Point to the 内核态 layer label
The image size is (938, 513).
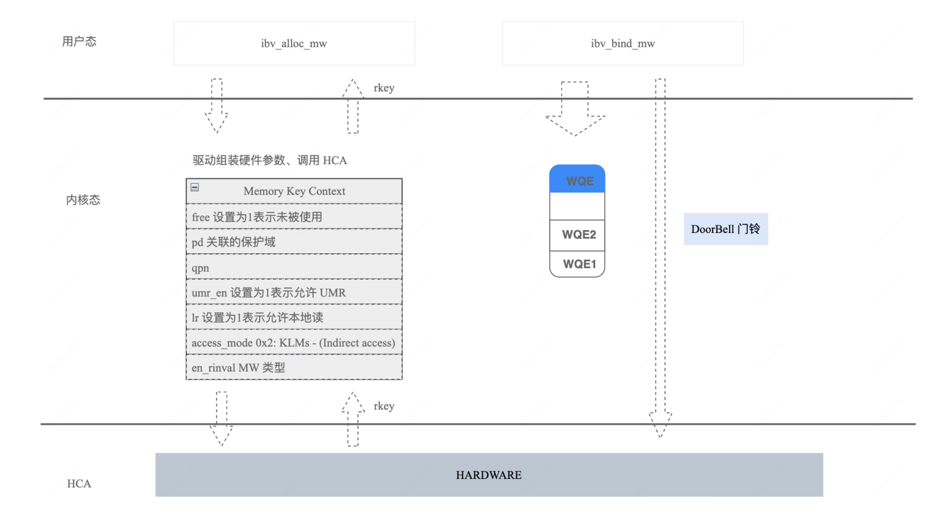[83, 200]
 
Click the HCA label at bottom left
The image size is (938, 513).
[79, 483]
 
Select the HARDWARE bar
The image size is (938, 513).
[489, 475]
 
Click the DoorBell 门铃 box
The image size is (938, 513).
[725, 229]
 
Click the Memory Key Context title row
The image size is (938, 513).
[294, 191]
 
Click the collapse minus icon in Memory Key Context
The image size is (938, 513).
[195, 187]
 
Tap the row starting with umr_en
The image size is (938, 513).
[294, 292]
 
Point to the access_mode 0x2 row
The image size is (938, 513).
[294, 343]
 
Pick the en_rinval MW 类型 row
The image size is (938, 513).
[294, 367]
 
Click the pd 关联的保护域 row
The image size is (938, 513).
[294, 241]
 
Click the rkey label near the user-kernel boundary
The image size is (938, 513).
[384, 88]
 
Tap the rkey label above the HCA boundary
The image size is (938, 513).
[384, 406]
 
